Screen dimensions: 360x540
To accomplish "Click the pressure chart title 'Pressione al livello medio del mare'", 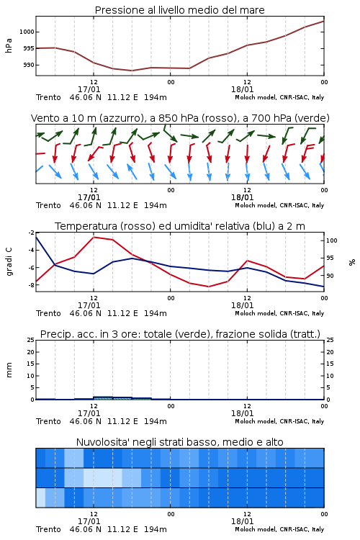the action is (179, 10).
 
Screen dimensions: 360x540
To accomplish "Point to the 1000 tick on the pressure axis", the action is (27, 32).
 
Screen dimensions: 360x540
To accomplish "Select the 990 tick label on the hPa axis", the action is (29, 65).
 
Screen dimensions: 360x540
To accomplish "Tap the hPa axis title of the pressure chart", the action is (9, 45).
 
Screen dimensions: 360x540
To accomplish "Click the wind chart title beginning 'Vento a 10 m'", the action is (180, 118).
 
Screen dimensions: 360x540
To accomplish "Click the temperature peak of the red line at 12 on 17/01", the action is (94, 237).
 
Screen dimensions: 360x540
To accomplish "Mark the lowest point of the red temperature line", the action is (209, 287).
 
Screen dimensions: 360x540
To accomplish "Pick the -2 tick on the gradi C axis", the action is (32, 233).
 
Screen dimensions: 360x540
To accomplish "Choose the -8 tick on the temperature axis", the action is (32, 285).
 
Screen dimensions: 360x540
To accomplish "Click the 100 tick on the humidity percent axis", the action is (331, 240).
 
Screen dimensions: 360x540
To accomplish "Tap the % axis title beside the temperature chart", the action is (352, 262).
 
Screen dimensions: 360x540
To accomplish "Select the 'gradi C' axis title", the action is (9, 262).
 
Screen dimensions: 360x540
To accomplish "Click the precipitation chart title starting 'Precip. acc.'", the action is (180, 334).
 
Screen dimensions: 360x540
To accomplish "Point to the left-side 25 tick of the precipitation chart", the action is (31, 340).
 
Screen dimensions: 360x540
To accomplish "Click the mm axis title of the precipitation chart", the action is (9, 369).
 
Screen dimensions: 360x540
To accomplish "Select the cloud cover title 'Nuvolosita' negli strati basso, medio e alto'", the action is (179, 442).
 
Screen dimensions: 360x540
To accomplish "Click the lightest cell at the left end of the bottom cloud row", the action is (40, 498).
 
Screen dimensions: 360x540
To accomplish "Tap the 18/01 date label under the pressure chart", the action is (243, 89).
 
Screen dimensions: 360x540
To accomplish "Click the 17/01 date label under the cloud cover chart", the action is (89, 521).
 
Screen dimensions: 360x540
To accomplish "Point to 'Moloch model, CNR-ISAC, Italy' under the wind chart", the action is (279, 205).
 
